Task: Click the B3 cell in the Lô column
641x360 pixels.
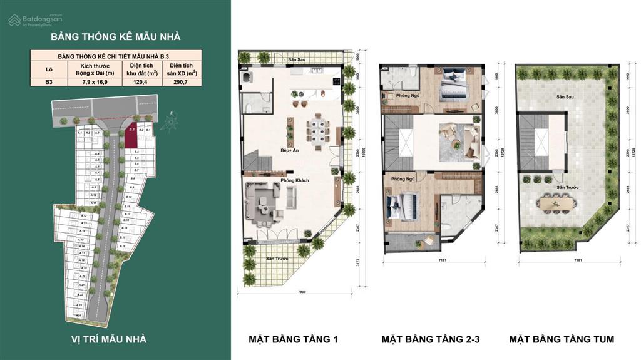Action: [x=49, y=81]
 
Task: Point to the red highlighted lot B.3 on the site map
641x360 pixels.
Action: [x=131, y=137]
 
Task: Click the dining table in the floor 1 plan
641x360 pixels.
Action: [x=316, y=132]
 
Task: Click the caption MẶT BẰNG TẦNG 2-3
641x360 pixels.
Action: [x=431, y=339]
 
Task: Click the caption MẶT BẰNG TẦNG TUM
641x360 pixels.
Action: [x=562, y=339]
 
